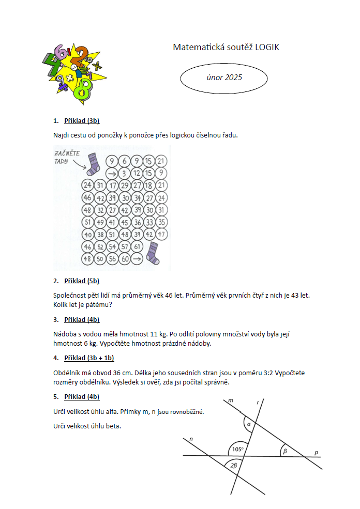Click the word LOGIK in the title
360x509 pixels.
tap(267, 48)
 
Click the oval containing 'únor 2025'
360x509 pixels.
tap(223, 78)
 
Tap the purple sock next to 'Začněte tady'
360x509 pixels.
tap(93, 164)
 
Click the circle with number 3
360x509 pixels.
tap(124, 173)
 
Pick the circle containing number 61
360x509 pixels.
tap(137, 247)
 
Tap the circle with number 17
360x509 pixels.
tap(112, 186)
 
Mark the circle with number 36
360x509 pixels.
tap(137, 223)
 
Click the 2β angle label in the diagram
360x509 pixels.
tap(234, 466)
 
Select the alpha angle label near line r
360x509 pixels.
tap(249, 425)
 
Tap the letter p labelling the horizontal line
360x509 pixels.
tap(317, 453)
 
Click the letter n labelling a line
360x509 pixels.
tap(191, 440)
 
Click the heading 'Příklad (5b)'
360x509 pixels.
tap(81, 281)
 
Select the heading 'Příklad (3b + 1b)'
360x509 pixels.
tap(89, 358)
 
